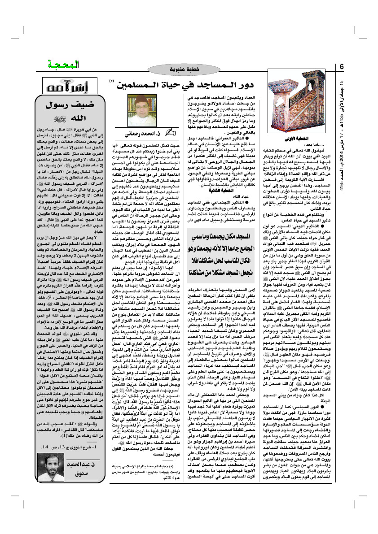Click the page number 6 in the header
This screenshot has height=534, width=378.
[342, 67]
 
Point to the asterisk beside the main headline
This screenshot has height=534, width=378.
[111, 81]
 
